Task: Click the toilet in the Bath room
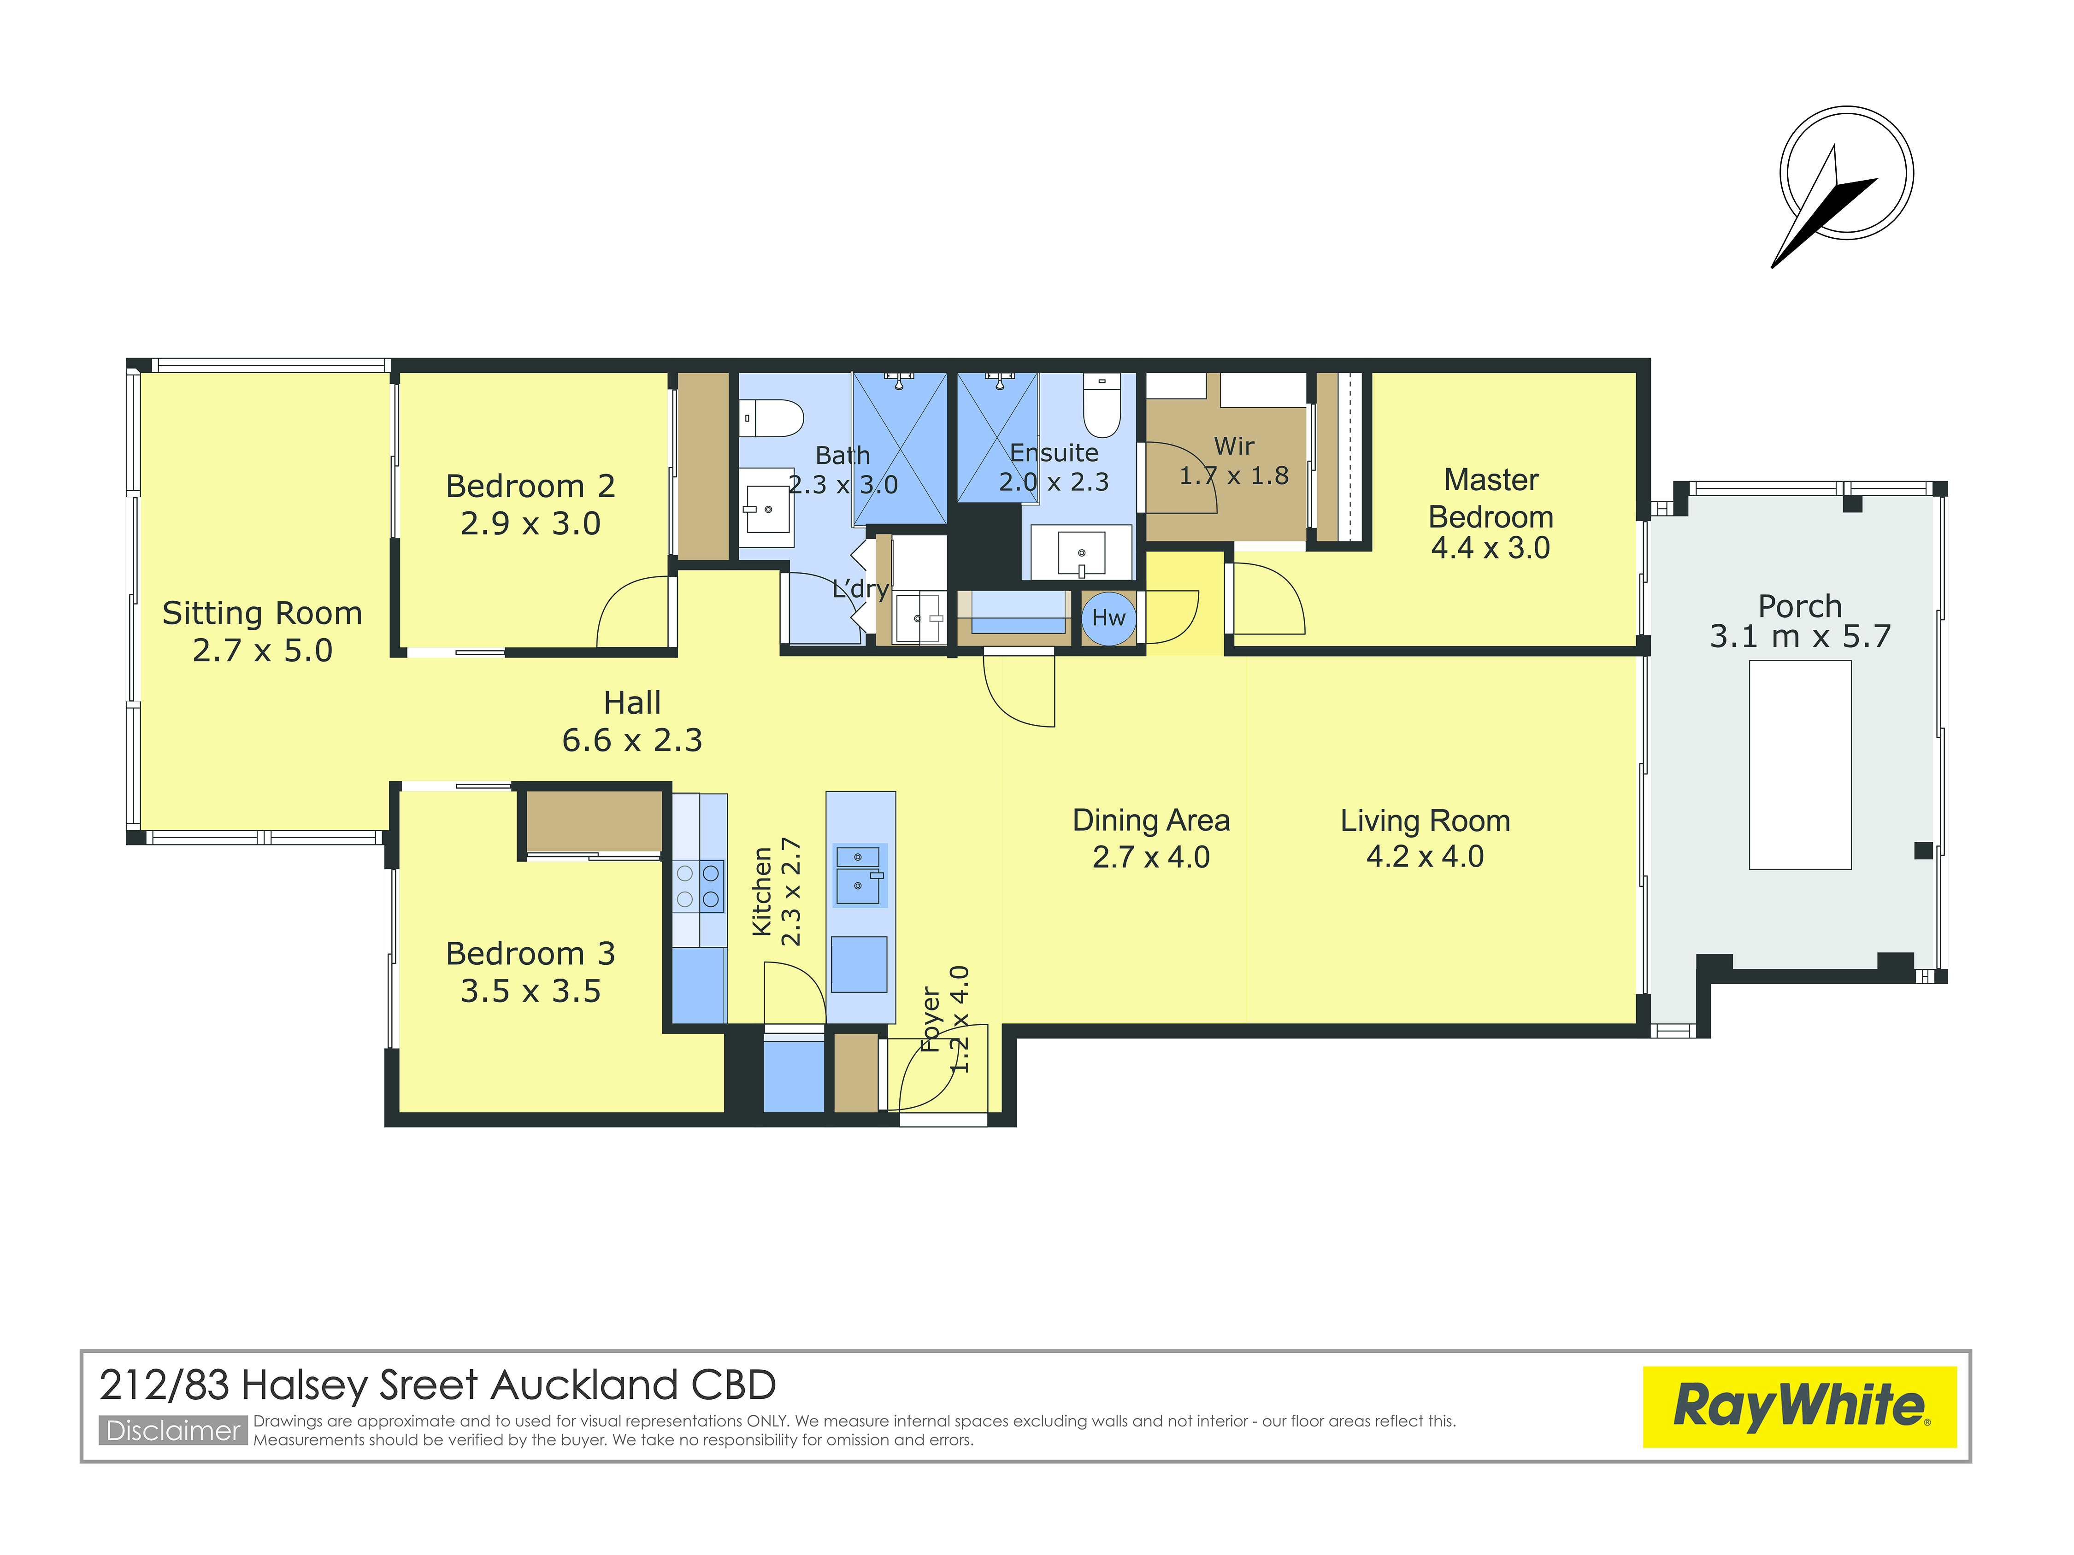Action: (771, 418)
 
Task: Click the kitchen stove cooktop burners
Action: (699, 886)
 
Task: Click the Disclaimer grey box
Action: (173, 1430)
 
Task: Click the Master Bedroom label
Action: (1491, 498)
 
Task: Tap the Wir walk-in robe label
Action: (1234, 446)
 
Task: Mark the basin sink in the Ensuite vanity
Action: (1081, 553)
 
